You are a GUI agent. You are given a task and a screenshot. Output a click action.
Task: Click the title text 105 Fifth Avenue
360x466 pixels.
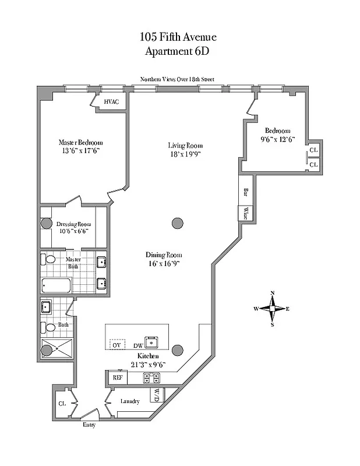pyautogui.click(x=178, y=37)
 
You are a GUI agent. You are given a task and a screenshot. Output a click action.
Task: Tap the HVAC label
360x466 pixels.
pyautogui.click(x=112, y=101)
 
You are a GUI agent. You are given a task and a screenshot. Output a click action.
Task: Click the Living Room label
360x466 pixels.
pyautogui.click(x=185, y=146)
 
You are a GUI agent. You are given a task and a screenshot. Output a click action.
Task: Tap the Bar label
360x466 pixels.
pyautogui.click(x=245, y=192)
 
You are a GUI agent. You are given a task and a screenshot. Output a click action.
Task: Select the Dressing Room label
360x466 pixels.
pyautogui.click(x=73, y=224)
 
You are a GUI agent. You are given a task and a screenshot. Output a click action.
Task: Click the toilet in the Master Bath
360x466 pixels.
pyautogui.click(x=49, y=259)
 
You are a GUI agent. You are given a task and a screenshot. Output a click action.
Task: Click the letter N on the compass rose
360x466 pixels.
pyautogui.click(x=272, y=293)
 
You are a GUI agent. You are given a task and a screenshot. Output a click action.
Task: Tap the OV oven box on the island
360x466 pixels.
pyautogui.click(x=118, y=344)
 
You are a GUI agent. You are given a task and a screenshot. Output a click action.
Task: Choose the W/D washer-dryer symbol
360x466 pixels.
pyautogui.click(x=157, y=395)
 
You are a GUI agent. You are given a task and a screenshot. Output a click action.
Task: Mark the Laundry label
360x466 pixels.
pyautogui.click(x=129, y=401)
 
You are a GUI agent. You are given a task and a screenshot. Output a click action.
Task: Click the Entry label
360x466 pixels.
pyautogui.click(x=89, y=425)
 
